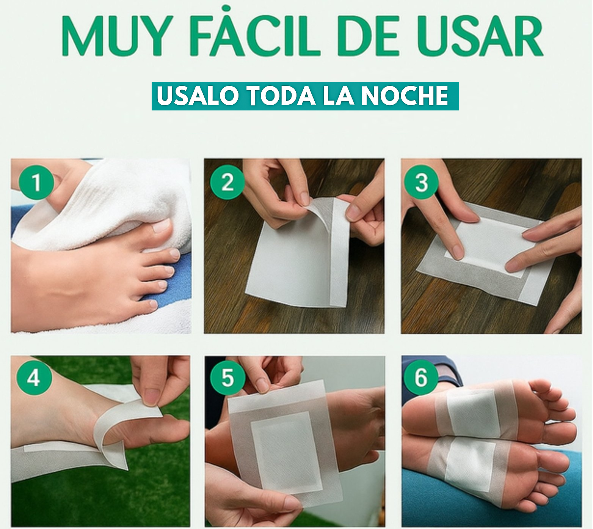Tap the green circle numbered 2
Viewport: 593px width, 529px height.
click(227, 182)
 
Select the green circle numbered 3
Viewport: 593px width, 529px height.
click(421, 182)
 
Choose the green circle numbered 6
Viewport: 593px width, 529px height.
click(421, 377)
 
